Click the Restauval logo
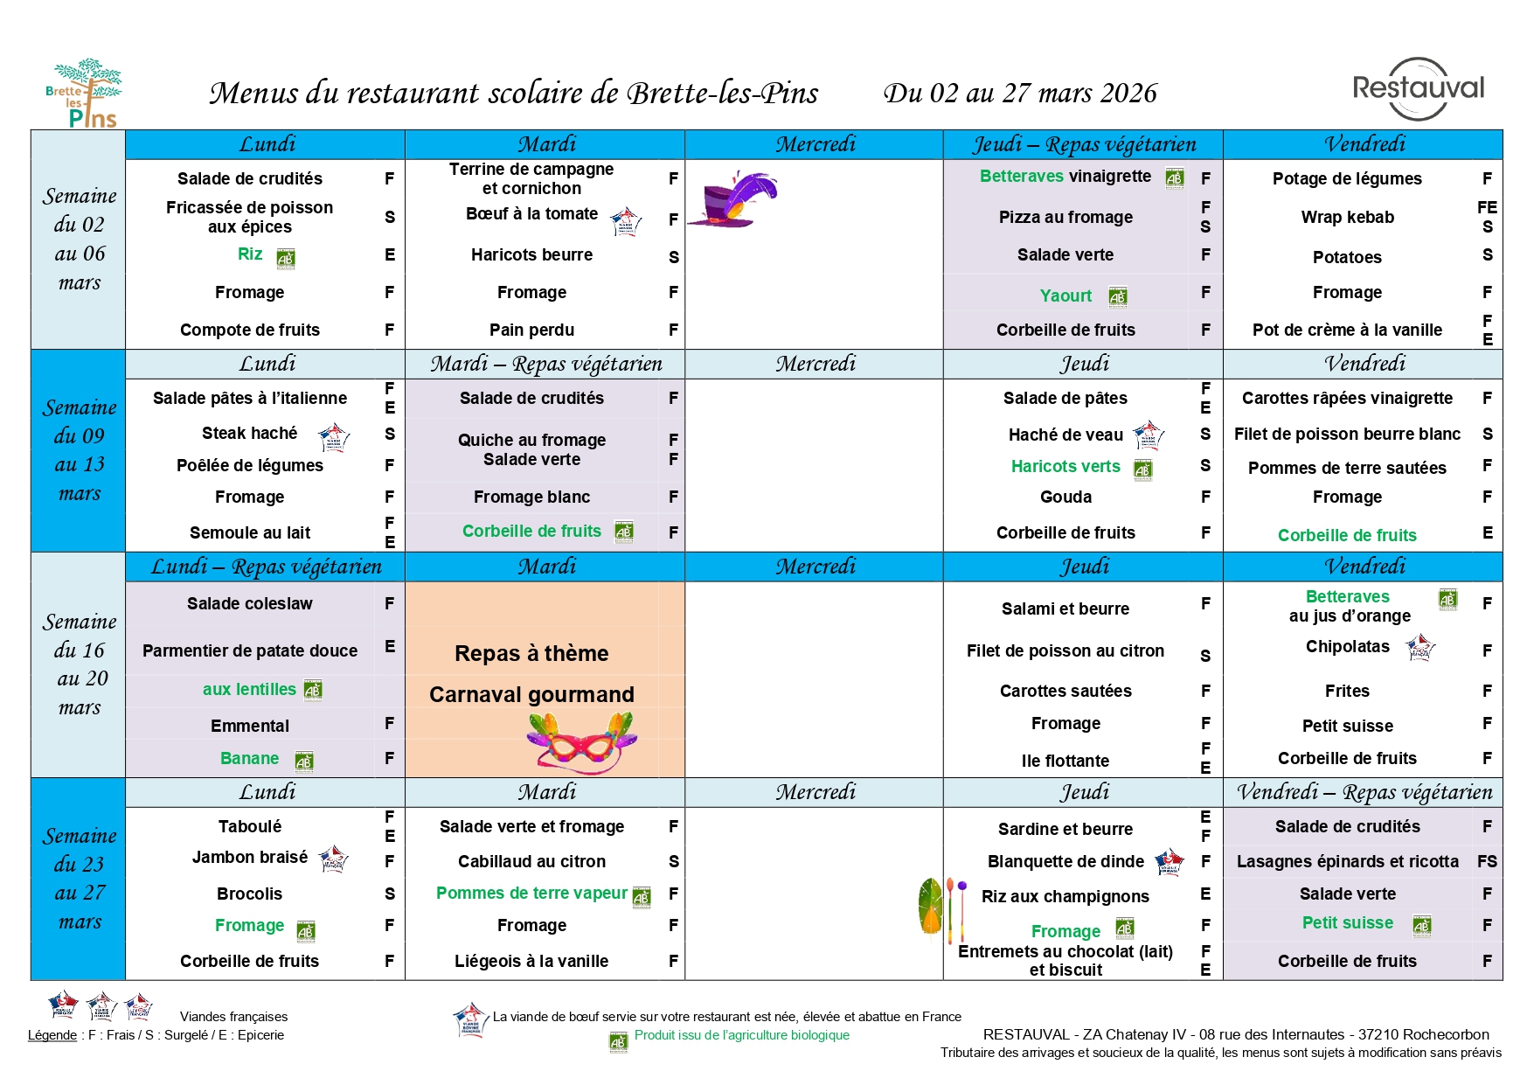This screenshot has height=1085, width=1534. [x=1418, y=89]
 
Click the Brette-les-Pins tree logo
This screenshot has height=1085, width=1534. [x=84, y=94]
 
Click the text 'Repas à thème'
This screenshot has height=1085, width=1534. [x=531, y=653]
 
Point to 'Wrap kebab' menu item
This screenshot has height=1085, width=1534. [x=1347, y=217]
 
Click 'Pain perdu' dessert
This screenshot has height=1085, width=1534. [x=531, y=330]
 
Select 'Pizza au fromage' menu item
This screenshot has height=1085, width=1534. [x=1065, y=217]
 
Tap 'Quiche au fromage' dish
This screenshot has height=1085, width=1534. [x=531, y=440]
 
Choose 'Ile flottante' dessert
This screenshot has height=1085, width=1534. [x=1065, y=761]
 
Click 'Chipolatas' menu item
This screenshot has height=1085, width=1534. [x=1347, y=646]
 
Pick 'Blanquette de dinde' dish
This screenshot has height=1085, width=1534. [x=1065, y=861]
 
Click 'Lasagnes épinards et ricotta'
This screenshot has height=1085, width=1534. [x=1347, y=861]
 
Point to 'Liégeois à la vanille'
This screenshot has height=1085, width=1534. [x=531, y=961]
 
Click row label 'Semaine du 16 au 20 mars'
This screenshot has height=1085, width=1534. [x=80, y=664]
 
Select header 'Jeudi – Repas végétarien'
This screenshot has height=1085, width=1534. [x=1084, y=144]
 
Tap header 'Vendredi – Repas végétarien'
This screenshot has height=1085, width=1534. [x=1364, y=792]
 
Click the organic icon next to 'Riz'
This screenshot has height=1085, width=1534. [x=286, y=258]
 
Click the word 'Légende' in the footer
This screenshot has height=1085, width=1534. [x=52, y=1035]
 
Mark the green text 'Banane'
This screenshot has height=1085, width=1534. [x=249, y=758]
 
